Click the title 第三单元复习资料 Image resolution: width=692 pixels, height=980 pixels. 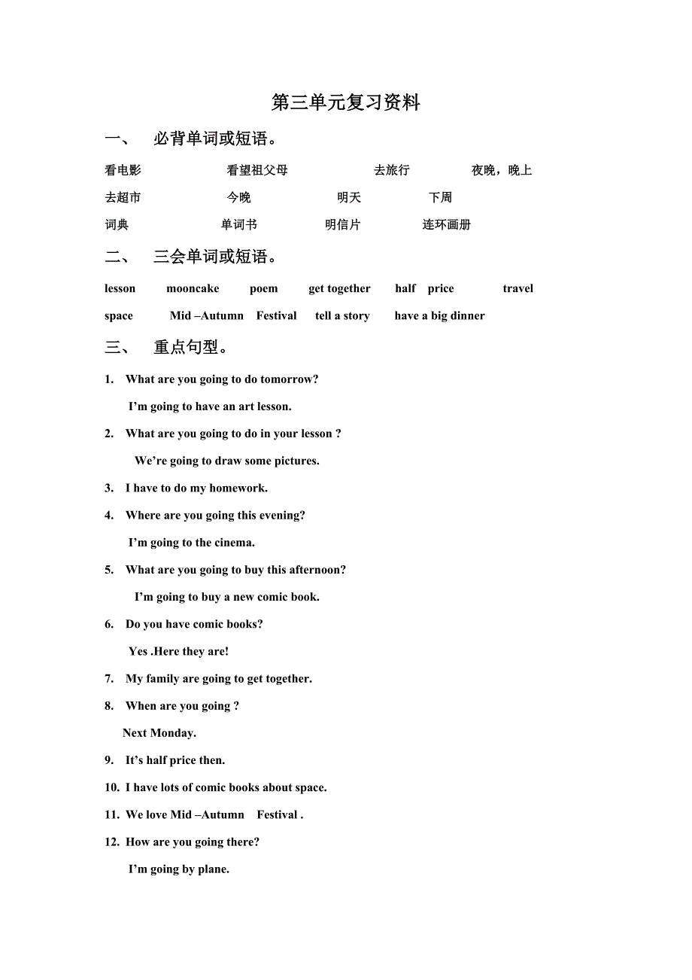click(x=345, y=103)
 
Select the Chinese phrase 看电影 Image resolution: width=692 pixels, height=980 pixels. click(x=123, y=170)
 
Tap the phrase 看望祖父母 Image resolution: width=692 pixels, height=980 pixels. click(x=257, y=170)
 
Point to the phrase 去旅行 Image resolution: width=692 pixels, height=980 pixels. click(x=391, y=170)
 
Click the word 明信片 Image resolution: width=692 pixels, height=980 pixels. click(x=342, y=224)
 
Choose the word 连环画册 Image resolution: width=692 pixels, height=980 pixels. click(x=446, y=224)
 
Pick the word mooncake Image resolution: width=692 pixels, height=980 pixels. click(x=193, y=288)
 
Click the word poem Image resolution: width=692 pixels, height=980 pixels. click(x=263, y=288)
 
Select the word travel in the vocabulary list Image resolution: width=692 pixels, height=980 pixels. click(x=517, y=288)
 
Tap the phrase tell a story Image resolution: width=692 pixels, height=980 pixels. click(x=342, y=315)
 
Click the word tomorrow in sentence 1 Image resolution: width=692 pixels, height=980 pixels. click(x=289, y=379)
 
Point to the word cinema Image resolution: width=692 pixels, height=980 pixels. click(x=235, y=543)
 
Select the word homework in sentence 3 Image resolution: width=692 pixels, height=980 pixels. click(x=238, y=488)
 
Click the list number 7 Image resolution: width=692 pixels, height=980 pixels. click(x=109, y=679)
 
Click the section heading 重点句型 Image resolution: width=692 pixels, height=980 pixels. click(x=191, y=347)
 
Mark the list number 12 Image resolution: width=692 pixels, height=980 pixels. click(x=111, y=842)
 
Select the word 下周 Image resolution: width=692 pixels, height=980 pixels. click(x=440, y=197)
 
